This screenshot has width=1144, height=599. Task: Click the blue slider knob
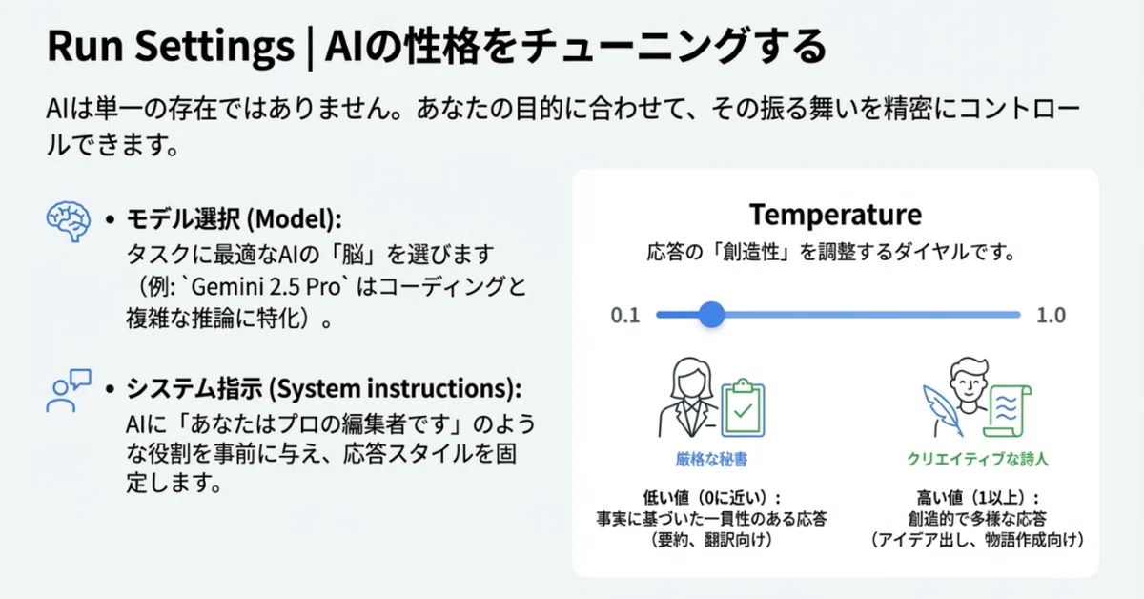pyautogui.click(x=711, y=315)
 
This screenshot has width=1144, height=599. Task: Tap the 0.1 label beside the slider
pyautogui.click(x=625, y=316)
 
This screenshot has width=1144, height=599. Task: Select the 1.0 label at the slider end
pyautogui.click(x=1051, y=316)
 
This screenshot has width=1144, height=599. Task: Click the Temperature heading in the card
pyautogui.click(x=835, y=215)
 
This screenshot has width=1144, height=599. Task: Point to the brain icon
pyautogui.click(x=69, y=221)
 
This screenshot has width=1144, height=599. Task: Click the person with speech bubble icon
pyautogui.click(x=69, y=390)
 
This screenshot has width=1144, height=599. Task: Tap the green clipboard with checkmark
pyautogui.click(x=743, y=408)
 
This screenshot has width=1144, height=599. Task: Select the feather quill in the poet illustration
pyautogui.click(x=942, y=410)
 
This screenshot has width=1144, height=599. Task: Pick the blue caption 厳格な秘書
pyautogui.click(x=711, y=460)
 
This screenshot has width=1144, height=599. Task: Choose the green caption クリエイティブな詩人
pyautogui.click(x=977, y=460)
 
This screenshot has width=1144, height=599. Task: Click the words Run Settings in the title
pyautogui.click(x=171, y=47)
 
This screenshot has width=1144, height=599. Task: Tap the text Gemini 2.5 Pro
pyautogui.click(x=266, y=287)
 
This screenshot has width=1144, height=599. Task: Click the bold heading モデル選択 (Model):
pyautogui.click(x=234, y=218)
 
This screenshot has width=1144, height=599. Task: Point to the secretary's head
pyautogui.click(x=691, y=379)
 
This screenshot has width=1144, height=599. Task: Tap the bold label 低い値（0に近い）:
pyautogui.click(x=711, y=497)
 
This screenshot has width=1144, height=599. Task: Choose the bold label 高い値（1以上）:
pyautogui.click(x=977, y=497)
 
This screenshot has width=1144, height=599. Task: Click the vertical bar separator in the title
pyautogui.click(x=310, y=48)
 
